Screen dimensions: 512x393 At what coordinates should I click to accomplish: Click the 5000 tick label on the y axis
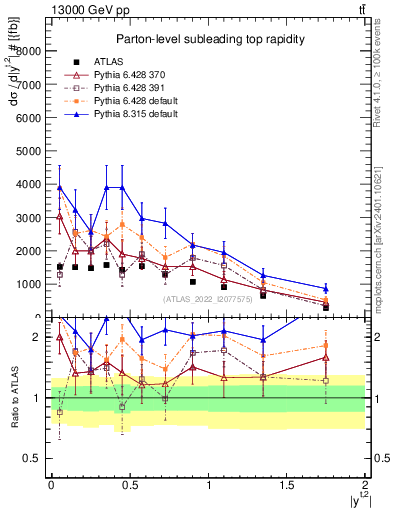tap(32, 151)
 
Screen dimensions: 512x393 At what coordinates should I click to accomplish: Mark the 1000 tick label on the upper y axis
tap(32, 284)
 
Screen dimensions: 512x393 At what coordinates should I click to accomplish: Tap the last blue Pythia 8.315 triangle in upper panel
tap(326, 289)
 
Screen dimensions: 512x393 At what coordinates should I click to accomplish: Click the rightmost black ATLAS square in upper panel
tap(326, 307)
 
